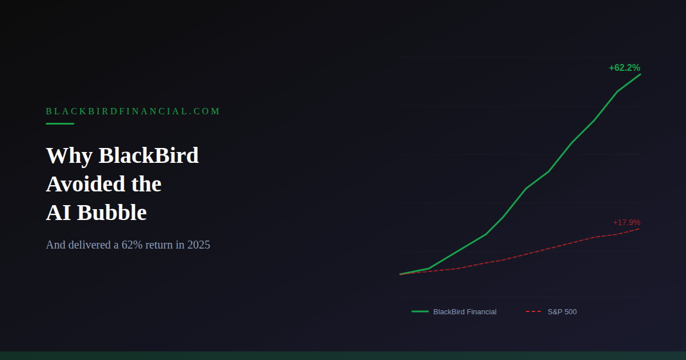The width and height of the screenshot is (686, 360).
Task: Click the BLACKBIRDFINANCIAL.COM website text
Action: coord(133,111)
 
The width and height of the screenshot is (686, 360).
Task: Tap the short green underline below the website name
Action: coord(60,123)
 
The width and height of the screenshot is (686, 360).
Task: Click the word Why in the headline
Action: coord(69,156)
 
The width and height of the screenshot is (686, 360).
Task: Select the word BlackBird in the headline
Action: coord(149,155)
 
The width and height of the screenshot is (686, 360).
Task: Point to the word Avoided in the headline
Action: coord(85,184)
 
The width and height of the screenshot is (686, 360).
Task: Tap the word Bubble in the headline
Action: coord(112,213)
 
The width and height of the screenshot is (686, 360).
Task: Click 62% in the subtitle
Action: coord(132,245)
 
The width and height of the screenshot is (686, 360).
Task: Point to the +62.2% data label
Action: coord(624,67)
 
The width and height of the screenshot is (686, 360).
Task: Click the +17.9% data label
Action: coord(627,222)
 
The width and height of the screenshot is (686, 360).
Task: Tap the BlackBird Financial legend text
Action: coord(465,312)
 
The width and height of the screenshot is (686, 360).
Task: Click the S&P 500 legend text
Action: coord(562,312)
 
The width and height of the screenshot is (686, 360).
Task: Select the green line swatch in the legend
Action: coord(420,311)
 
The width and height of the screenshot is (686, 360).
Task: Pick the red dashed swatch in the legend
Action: coord(533,311)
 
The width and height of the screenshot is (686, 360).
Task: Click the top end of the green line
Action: coord(640,74)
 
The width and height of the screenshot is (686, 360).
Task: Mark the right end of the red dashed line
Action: coord(640,229)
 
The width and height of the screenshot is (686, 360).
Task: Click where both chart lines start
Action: coord(401,274)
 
